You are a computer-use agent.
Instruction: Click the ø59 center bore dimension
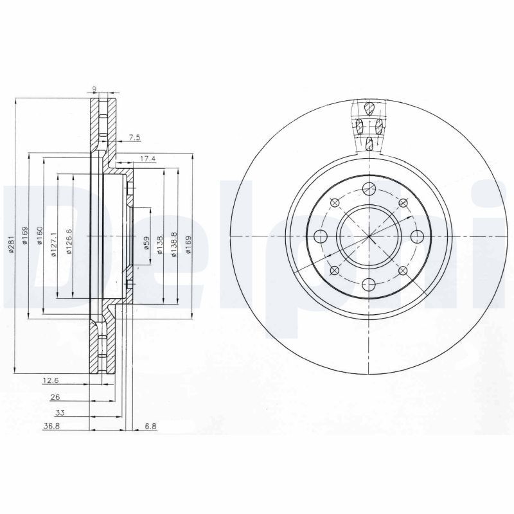tap(146, 242)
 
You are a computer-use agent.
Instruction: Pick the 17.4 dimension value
tap(148, 158)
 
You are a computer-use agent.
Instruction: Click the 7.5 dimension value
tap(134, 137)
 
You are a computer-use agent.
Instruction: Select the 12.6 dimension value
tap(51, 381)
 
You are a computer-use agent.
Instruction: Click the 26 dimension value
tap(56, 397)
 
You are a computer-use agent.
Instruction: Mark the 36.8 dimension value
tap(51, 427)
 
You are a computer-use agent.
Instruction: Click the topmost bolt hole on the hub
tap(368, 188)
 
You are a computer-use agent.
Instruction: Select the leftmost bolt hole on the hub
tap(320, 236)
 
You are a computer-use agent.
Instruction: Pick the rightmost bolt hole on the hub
tap(416, 236)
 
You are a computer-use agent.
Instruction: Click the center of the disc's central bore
tap(368, 236)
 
